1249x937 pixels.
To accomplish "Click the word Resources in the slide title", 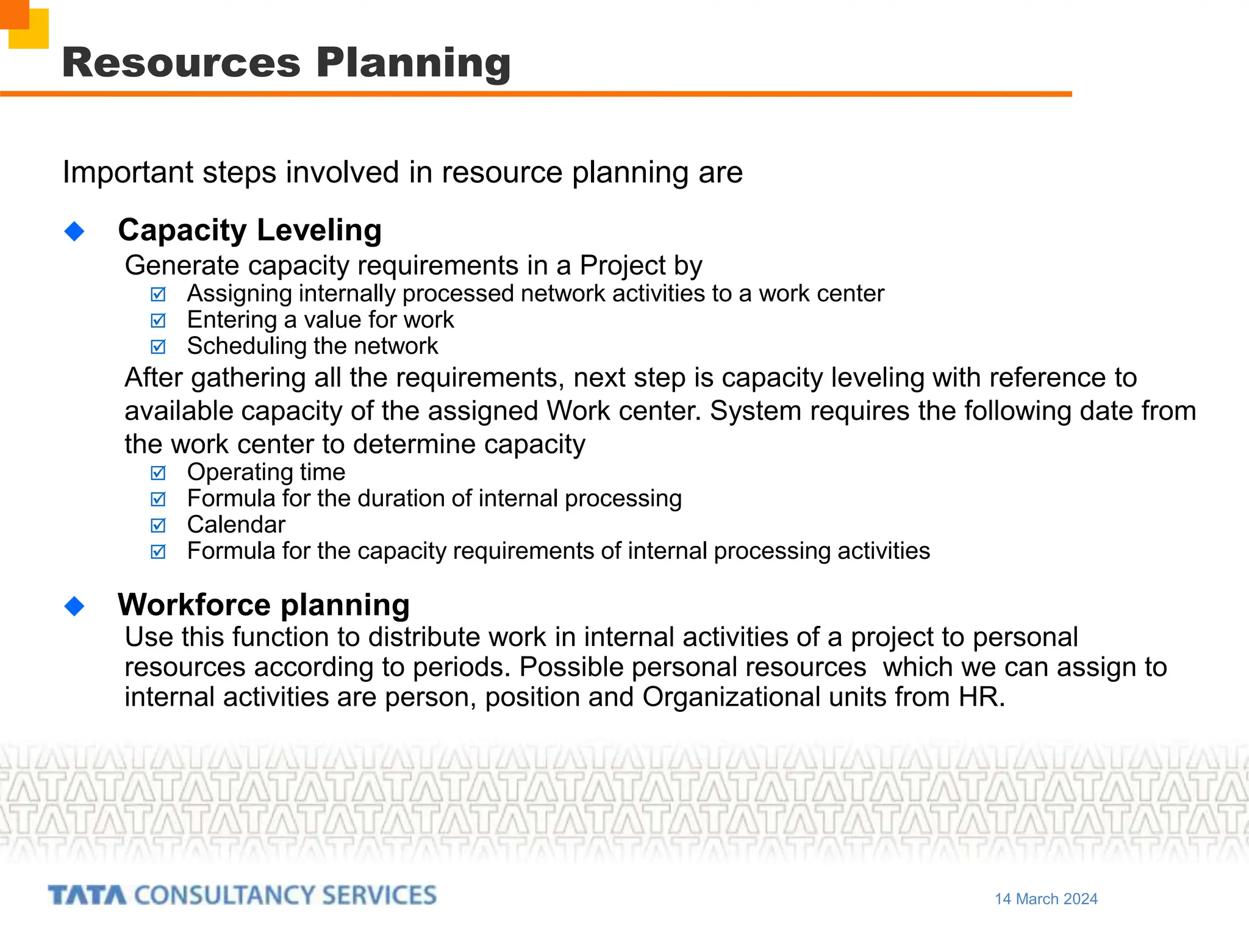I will click(x=181, y=63).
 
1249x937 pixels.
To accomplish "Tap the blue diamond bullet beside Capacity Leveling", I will click(x=74, y=231).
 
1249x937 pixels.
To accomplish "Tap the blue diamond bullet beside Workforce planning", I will click(x=74, y=606).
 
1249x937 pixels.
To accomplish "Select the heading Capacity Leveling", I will click(x=249, y=231).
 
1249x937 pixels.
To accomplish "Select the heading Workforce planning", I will click(x=263, y=605).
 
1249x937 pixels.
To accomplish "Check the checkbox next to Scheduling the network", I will click(x=158, y=347).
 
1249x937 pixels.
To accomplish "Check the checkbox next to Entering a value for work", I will click(x=158, y=321).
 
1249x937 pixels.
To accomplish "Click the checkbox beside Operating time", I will click(x=158, y=473).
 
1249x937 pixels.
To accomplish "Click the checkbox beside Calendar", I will click(x=158, y=526).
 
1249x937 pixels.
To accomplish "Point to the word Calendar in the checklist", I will click(x=236, y=525).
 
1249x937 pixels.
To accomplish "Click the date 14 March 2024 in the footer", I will click(x=1046, y=899).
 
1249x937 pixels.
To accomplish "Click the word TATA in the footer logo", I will click(x=87, y=896).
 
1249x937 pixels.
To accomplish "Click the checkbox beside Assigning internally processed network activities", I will click(x=158, y=295).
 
